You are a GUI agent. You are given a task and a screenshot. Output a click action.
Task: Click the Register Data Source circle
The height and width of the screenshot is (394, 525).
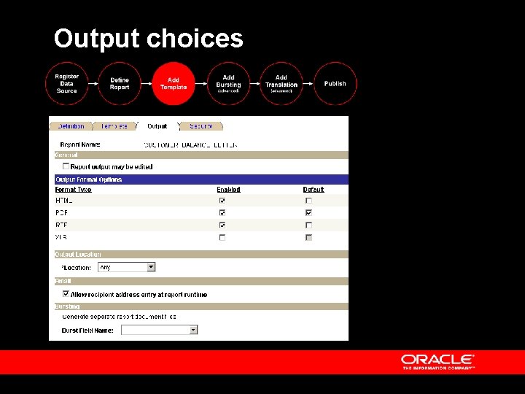pos(66,84)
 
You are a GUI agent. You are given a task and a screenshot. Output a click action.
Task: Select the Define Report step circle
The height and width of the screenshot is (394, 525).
pos(120,84)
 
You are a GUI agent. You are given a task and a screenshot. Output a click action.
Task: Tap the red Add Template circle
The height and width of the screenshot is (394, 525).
pos(174,84)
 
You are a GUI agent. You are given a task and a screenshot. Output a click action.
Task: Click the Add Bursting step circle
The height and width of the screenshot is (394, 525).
pos(228,84)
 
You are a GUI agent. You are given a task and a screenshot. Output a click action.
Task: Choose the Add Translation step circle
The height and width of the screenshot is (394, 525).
pos(281,84)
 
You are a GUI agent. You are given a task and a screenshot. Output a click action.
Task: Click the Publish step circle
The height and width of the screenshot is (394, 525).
pos(335,84)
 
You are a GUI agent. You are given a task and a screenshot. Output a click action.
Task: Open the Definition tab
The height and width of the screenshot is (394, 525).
pos(71,126)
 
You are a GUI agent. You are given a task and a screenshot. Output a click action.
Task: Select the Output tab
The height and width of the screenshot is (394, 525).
pos(157,126)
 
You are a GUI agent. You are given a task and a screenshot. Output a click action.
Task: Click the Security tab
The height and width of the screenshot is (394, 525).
pos(201,126)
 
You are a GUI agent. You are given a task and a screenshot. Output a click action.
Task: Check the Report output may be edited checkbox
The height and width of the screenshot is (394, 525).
pos(66,166)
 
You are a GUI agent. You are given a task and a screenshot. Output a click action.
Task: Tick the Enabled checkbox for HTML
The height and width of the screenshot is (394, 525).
pos(222,201)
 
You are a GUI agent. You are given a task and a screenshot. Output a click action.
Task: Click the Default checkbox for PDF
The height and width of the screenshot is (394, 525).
pos(308,212)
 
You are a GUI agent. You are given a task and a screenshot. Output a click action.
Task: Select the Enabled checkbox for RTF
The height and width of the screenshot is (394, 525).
pos(222,225)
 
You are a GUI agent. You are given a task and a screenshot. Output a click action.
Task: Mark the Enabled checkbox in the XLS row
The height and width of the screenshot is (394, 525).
pos(222,237)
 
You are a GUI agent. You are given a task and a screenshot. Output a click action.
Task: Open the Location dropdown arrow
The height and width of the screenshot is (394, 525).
pos(152,267)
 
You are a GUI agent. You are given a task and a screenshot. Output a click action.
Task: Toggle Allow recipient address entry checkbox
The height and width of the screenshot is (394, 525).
pos(66,294)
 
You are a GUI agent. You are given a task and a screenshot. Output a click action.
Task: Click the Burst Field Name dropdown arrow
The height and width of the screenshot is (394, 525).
pos(193,330)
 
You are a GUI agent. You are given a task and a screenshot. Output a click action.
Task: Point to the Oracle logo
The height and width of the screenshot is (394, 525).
pos(437,361)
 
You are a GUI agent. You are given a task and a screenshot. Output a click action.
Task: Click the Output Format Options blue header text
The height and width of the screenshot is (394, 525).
pos(89,179)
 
